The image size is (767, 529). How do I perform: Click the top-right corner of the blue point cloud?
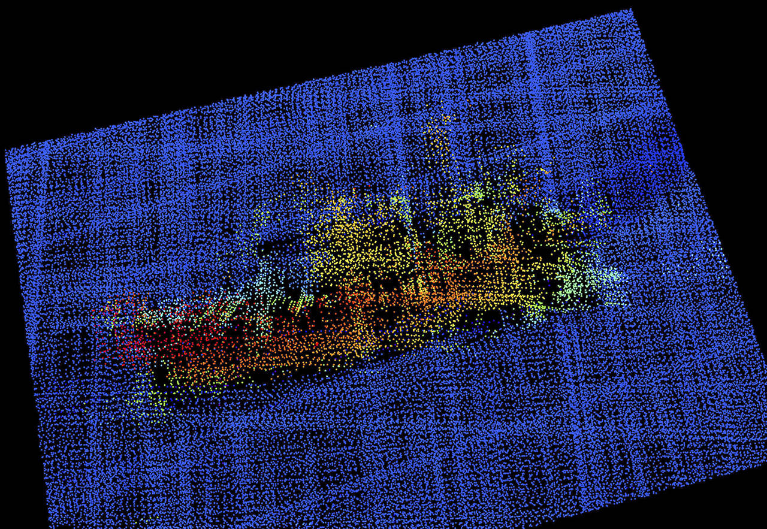[x=630, y=11]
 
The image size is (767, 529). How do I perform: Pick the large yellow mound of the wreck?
[x=354, y=240]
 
